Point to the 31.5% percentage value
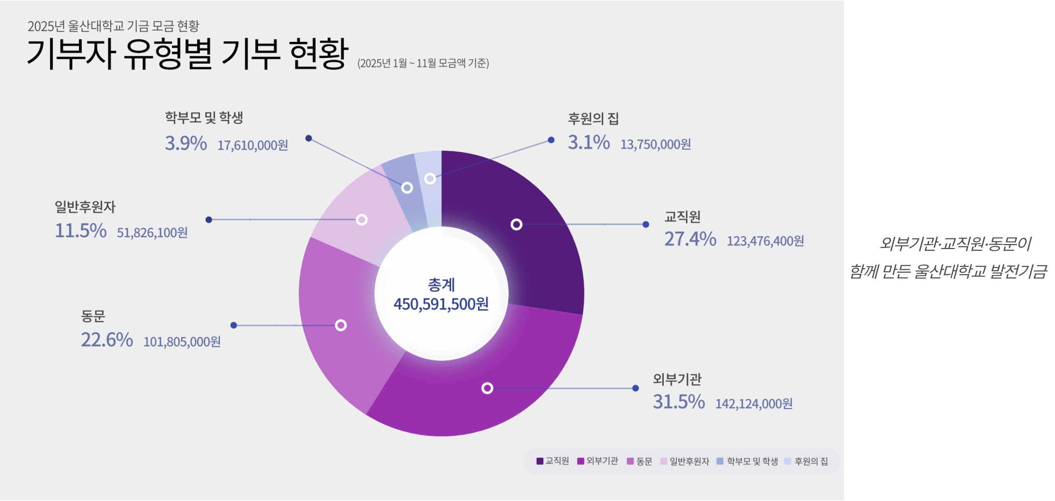point(679,402)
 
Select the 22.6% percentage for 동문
point(107,340)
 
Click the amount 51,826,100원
point(152,233)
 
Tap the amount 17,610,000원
point(253,145)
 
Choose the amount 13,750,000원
point(655,145)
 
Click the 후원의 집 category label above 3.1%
point(593,119)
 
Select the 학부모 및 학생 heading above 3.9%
point(204,118)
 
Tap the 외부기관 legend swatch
point(580,461)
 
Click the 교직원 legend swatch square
point(540,461)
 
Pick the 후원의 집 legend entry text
point(811,461)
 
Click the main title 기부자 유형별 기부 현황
point(187,54)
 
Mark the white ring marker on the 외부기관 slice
point(487,388)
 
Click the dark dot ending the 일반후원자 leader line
point(209,220)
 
